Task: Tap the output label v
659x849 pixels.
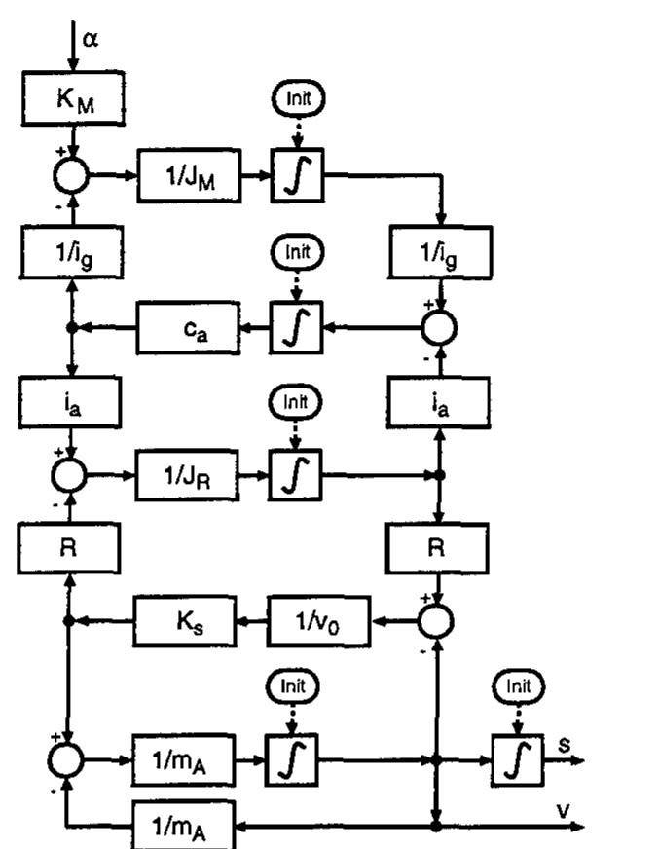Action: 562,811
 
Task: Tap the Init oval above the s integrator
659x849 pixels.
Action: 517,686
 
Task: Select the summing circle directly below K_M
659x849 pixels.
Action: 71,176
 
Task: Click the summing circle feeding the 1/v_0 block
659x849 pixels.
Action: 437,618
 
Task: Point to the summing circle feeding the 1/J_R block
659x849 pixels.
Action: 71,476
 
